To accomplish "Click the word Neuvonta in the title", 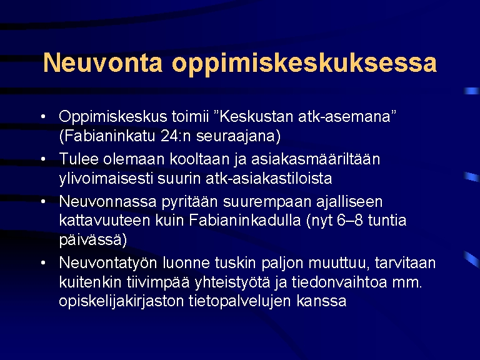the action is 103,62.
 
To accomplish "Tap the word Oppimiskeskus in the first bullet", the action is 113,117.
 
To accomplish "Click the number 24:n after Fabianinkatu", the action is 176,136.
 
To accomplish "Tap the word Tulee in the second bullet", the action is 79,159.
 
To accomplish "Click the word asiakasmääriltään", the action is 316,159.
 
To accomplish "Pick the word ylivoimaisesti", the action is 106,179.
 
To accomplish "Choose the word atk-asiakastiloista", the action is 269,179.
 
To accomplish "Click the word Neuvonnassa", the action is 108,202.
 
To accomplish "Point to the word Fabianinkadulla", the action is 245,221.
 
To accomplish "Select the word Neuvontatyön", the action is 108,263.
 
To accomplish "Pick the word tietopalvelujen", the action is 240,301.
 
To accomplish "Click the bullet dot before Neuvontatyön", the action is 43,262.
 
